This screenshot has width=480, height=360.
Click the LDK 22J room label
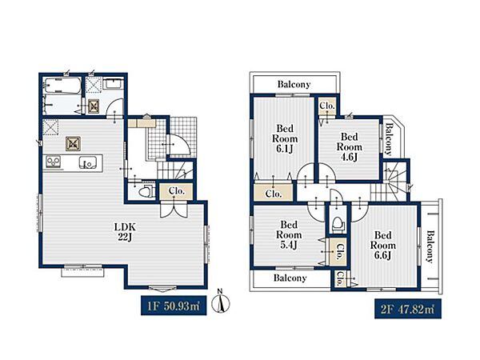125,232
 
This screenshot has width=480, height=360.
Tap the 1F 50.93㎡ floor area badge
174,306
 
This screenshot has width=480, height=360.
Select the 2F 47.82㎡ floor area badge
408,309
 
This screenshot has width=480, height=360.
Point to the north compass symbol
223,302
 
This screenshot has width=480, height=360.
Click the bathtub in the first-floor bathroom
62,86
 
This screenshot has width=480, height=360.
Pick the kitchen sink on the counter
87,162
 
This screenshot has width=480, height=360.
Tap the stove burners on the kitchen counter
53,162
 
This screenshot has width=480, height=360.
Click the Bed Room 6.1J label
285,138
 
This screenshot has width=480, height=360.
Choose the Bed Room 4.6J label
350,146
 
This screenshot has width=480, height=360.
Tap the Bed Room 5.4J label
289,234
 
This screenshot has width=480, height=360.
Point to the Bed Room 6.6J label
383,246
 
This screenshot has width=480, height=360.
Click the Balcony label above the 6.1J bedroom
294,84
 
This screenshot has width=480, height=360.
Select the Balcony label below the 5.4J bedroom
290,278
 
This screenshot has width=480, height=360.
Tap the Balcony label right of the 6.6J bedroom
430,246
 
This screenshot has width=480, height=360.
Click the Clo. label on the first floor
177,191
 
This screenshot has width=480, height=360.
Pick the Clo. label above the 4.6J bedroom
327,106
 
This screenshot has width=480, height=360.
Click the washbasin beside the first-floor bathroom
114,83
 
